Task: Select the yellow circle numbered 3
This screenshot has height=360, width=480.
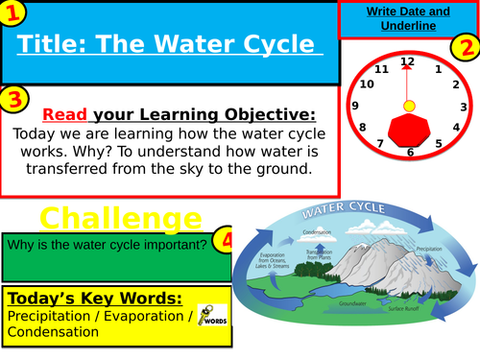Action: point(13,100)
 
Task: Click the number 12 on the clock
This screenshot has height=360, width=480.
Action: point(408,61)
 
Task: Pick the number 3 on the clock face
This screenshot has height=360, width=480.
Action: point(463,108)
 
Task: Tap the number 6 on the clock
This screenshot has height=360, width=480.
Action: point(410,152)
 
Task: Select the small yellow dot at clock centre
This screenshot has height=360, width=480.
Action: point(409,104)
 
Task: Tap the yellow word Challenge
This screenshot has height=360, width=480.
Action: point(120,217)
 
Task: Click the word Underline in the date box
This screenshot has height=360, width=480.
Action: point(410,26)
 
